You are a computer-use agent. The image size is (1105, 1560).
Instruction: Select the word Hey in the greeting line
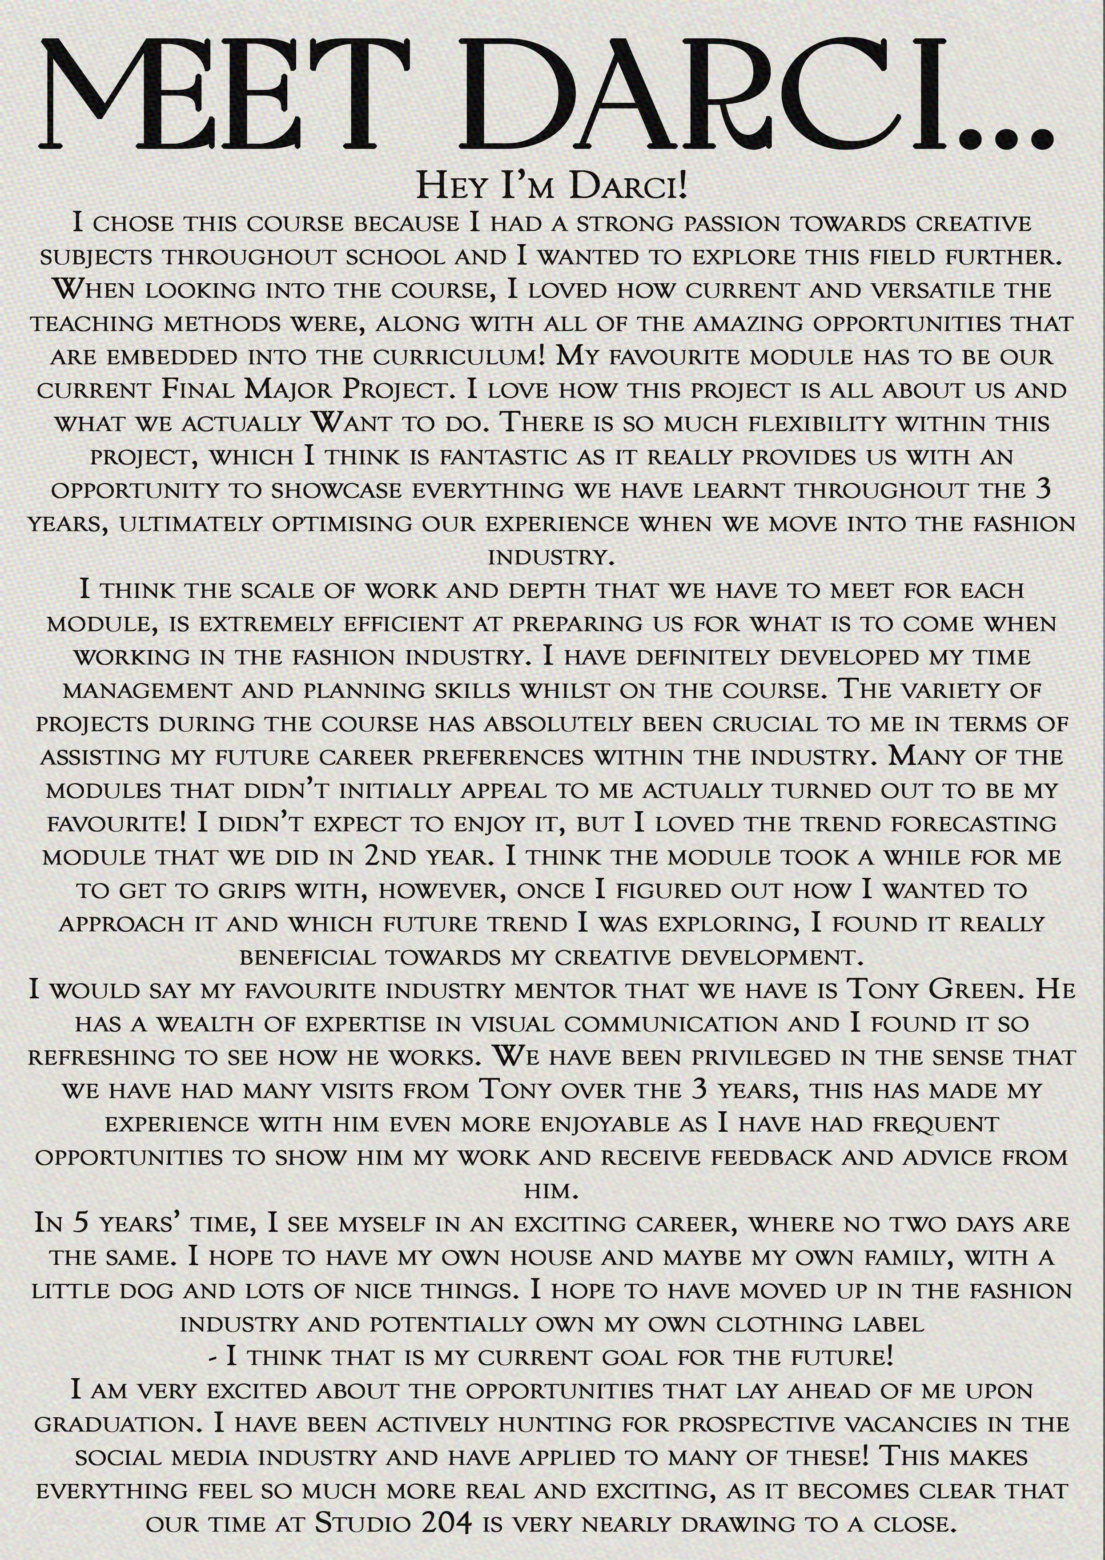click(x=454, y=186)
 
